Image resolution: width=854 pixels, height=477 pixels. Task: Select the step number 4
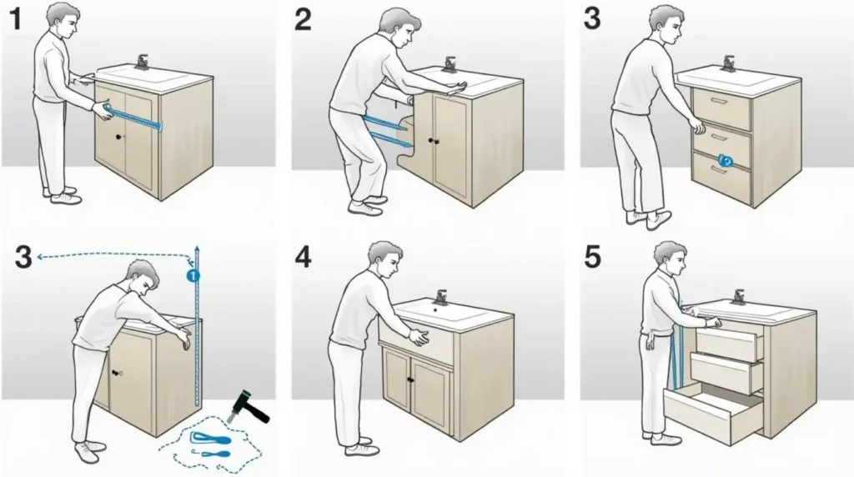(x=304, y=257)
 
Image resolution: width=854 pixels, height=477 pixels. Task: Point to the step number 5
(x=593, y=257)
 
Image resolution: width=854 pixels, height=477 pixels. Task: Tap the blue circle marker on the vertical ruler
(x=193, y=275)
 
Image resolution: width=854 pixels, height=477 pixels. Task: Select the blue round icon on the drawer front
(x=726, y=160)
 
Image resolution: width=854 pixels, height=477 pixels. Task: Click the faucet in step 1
(x=142, y=62)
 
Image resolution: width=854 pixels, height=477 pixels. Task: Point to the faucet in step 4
(x=440, y=298)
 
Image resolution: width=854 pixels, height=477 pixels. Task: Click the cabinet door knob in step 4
(x=410, y=379)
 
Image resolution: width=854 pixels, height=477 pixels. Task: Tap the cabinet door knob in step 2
(x=434, y=141)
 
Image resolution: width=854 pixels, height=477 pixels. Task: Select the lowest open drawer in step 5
(x=714, y=410)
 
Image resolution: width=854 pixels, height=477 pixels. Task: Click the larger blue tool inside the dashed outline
(x=209, y=437)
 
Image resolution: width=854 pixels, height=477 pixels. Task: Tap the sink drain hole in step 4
(x=435, y=310)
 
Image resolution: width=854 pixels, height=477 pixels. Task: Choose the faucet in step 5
(x=739, y=298)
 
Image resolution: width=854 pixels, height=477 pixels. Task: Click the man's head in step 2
(x=399, y=27)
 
